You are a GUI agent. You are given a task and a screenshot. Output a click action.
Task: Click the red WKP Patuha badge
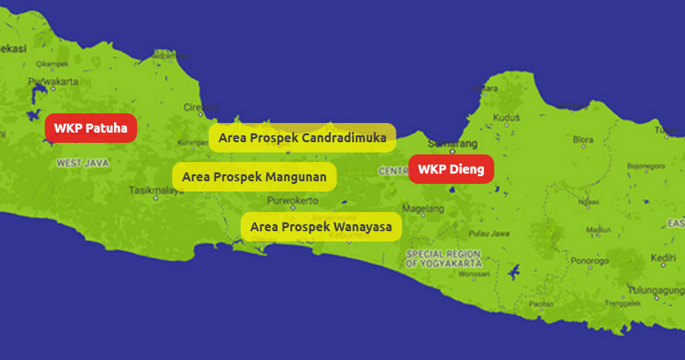(x=91, y=128)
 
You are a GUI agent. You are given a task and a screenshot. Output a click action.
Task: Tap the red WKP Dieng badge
(x=451, y=169)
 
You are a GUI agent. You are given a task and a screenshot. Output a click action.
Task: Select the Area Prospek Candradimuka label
(x=302, y=137)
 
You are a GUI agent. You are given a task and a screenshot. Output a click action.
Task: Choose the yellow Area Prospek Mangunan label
(x=254, y=176)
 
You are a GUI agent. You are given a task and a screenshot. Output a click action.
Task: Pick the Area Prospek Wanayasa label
(x=321, y=227)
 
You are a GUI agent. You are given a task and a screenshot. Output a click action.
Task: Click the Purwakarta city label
(x=53, y=81)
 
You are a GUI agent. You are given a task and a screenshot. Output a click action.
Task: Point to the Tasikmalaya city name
(x=156, y=190)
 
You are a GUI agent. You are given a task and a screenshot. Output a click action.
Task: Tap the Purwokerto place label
(x=293, y=200)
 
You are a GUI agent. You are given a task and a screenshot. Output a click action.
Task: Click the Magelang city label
(x=423, y=209)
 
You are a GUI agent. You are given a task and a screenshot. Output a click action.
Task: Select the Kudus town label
(x=506, y=118)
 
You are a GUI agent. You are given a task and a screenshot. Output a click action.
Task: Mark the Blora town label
(x=583, y=139)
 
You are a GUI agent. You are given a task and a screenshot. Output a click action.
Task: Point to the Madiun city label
(x=599, y=229)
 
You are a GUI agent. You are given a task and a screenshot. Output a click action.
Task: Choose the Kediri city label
(x=663, y=258)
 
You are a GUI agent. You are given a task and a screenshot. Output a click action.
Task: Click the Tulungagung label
(x=656, y=290)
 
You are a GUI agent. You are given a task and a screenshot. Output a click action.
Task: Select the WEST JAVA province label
(x=83, y=163)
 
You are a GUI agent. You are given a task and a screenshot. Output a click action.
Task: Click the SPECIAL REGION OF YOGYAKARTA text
(x=443, y=258)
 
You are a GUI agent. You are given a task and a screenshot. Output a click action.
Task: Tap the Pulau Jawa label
(x=489, y=233)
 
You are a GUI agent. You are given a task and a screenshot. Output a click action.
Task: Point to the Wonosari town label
(x=474, y=274)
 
